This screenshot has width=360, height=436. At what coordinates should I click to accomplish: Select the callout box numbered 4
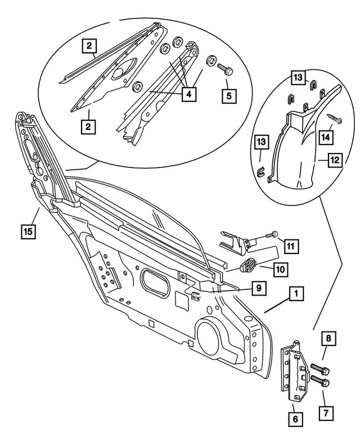coord(188,95)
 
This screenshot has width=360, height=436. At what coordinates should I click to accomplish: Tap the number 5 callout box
coord(228,95)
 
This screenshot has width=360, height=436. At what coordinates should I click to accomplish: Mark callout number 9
coord(258,288)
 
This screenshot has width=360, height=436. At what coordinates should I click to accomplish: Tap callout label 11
coord(290,246)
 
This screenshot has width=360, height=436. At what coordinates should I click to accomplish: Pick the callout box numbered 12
coord(335,160)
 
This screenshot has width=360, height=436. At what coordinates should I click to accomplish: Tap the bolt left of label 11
coord(273,234)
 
